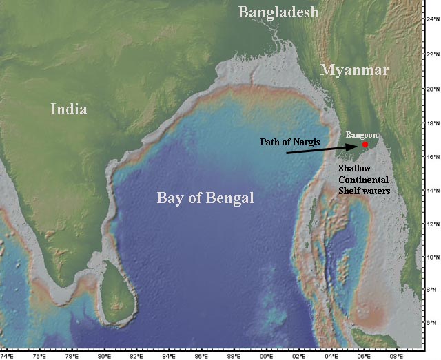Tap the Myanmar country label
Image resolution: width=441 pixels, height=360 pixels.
click(x=355, y=70)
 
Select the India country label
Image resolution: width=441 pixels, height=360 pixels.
click(x=69, y=109)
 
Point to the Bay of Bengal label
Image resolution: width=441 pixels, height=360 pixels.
click(x=205, y=198)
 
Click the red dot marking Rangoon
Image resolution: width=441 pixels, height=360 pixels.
click(x=365, y=145)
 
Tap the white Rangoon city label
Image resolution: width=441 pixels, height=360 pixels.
click(x=362, y=135)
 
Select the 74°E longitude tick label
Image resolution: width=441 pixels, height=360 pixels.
click(x=8, y=356)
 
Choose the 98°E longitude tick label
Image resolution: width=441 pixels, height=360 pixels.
click(x=396, y=356)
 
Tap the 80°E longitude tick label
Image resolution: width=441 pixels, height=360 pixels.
click(x=103, y=356)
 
